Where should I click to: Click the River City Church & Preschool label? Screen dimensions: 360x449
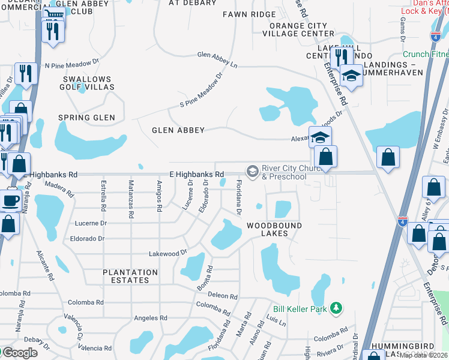click(285, 172)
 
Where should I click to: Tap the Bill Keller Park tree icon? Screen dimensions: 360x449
click(337, 308)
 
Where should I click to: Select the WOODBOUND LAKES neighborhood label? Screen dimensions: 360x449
click(274, 229)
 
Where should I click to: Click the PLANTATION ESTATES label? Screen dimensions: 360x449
click(130, 276)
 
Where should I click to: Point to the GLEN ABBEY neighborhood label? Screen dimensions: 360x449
click(178, 130)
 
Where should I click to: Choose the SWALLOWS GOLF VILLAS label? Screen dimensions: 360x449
click(86, 83)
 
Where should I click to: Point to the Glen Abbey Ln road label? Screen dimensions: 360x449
click(217, 59)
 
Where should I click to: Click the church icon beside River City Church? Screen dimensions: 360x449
click(253, 172)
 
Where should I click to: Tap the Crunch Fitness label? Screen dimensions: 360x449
click(425, 54)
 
